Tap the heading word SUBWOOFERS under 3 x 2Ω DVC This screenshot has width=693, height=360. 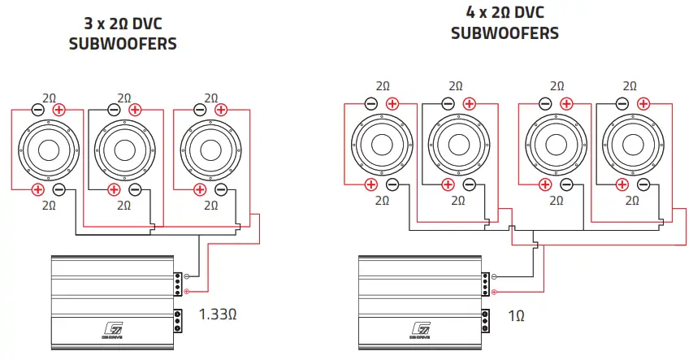click(123, 44)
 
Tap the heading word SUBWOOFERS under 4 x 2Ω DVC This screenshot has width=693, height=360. click(505, 33)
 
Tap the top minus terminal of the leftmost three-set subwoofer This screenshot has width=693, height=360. click(37, 110)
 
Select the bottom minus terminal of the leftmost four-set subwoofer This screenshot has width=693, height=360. click(392, 184)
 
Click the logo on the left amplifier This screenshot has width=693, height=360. click(115, 330)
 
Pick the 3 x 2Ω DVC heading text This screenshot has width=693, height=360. click(123, 24)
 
